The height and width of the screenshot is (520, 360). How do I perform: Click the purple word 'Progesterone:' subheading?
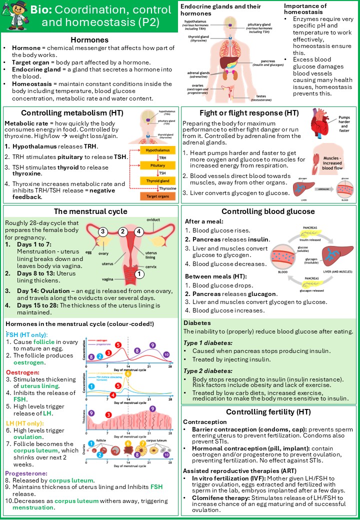coord(26,473)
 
